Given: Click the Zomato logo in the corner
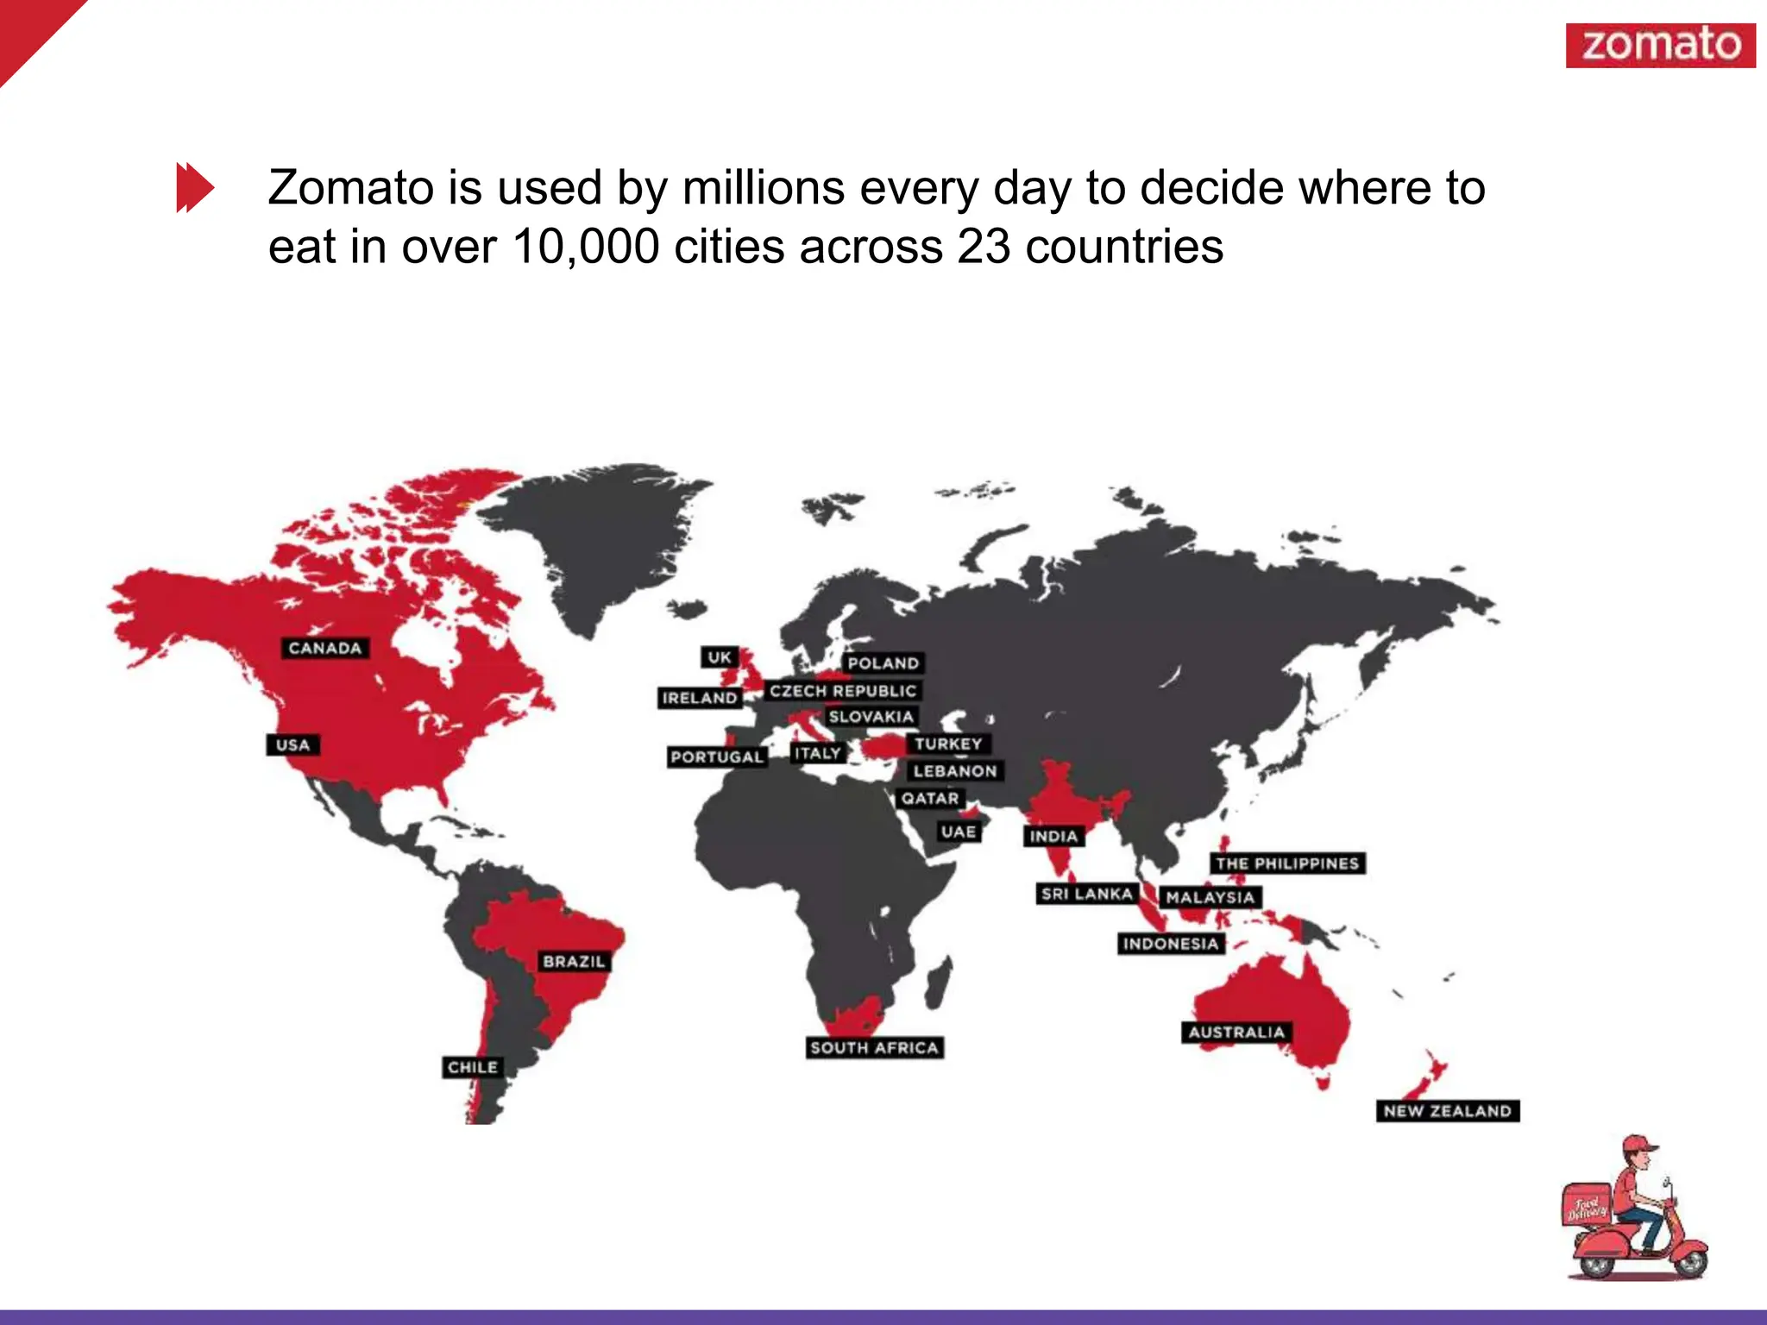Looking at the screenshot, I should click(x=1660, y=45).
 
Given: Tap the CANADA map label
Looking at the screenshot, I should click(x=325, y=648).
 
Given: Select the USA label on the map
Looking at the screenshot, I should click(x=293, y=744).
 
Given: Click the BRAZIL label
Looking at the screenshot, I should click(x=574, y=961).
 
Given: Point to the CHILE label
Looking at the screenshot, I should click(x=472, y=1067).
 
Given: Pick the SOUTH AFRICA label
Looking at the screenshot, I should click(x=874, y=1047).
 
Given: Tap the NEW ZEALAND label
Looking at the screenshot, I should click(x=1447, y=1111).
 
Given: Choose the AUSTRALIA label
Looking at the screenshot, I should click(x=1236, y=1032).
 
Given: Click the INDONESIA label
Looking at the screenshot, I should click(x=1171, y=944).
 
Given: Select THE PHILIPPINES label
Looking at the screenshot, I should click(x=1287, y=863).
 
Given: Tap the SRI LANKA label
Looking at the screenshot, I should click(x=1086, y=894).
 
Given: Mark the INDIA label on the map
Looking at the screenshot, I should click(x=1053, y=836).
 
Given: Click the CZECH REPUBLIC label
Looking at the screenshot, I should click(x=843, y=691).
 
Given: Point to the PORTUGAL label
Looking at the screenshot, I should click(x=717, y=757).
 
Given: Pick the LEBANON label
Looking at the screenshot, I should click(x=955, y=771).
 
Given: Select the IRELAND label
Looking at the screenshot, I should click(x=700, y=698).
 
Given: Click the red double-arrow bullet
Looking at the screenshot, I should click(x=195, y=186).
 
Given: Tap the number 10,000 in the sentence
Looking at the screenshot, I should click(x=586, y=247).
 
